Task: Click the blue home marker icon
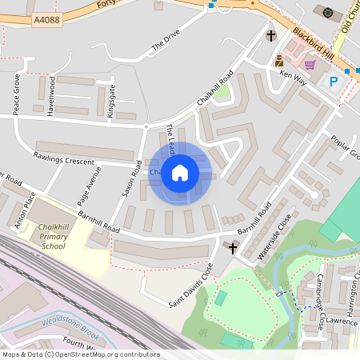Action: pos(180,173)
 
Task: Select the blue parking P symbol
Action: pos(334,80)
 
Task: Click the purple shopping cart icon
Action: pos(310,64)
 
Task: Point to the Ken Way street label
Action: pos(294,78)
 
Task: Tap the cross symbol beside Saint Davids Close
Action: pos(234,248)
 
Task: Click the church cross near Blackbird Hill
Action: pos(271,36)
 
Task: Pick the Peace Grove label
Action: pos(16,94)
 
